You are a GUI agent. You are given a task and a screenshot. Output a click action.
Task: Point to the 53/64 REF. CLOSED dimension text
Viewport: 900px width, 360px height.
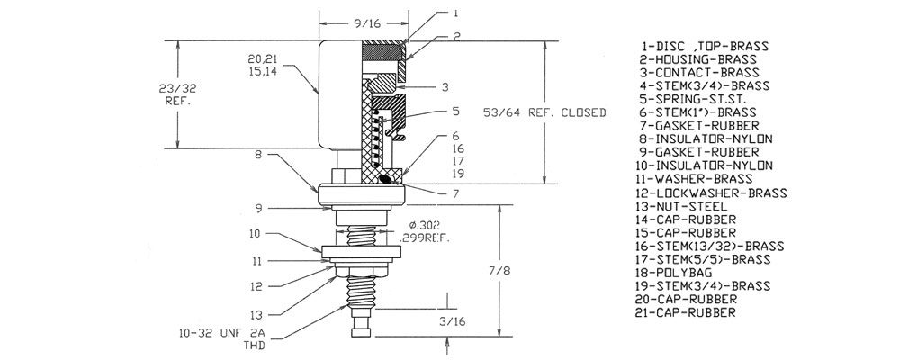(543, 112)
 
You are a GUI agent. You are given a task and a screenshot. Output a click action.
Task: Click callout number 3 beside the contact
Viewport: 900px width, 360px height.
(445, 87)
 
